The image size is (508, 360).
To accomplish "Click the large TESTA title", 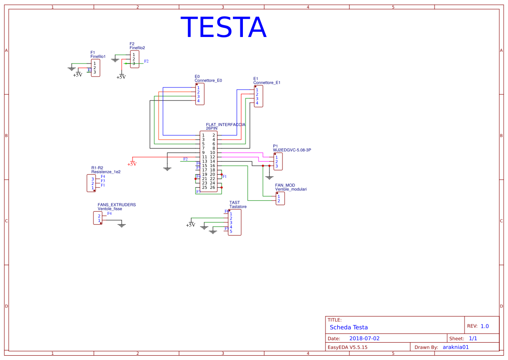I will pos(223,28).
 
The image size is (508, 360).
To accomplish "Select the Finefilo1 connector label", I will pos(98,57).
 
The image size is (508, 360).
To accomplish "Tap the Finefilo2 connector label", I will pos(137,48).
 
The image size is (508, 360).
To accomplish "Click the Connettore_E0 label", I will pos(208,80).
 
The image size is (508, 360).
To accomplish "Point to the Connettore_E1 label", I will pos(267,83).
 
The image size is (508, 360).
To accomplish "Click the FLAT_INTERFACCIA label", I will pos(225,124).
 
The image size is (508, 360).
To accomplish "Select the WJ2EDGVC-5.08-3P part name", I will pos(292,150).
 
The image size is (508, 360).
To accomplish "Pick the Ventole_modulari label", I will pos(291,189).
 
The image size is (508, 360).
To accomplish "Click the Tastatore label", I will pos(238,207).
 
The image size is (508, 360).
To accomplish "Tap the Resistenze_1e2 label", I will pos(106,172).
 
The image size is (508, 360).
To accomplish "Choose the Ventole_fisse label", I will pos(110,209).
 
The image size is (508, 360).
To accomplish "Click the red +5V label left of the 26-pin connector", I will pos(132,164).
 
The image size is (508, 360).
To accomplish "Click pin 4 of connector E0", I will pos(198,101).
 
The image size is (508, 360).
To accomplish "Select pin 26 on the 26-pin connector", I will pos(212,187).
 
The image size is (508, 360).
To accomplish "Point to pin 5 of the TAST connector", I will pos(231,231).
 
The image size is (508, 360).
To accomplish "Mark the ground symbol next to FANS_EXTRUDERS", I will pos(122,225).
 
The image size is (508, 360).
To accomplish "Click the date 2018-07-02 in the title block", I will pos(364,338).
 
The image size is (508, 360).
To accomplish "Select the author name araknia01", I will pos(455,347).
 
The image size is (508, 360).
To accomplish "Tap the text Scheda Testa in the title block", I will pos(349,327).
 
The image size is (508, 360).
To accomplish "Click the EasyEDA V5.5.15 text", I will pos(347,347).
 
